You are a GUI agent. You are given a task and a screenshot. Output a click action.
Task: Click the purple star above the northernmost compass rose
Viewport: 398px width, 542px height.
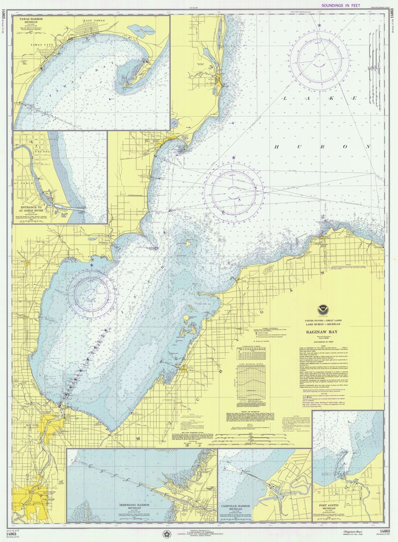(319, 25)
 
